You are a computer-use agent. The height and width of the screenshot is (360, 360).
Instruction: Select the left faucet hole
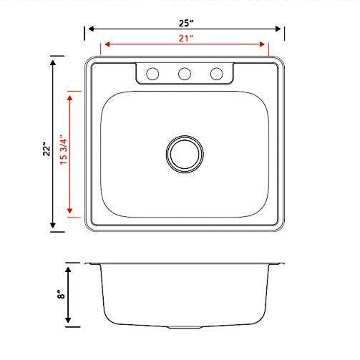152,73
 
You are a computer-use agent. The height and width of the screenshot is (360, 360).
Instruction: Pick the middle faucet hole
184,73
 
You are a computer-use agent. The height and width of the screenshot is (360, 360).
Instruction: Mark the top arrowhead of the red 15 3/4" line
70,95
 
